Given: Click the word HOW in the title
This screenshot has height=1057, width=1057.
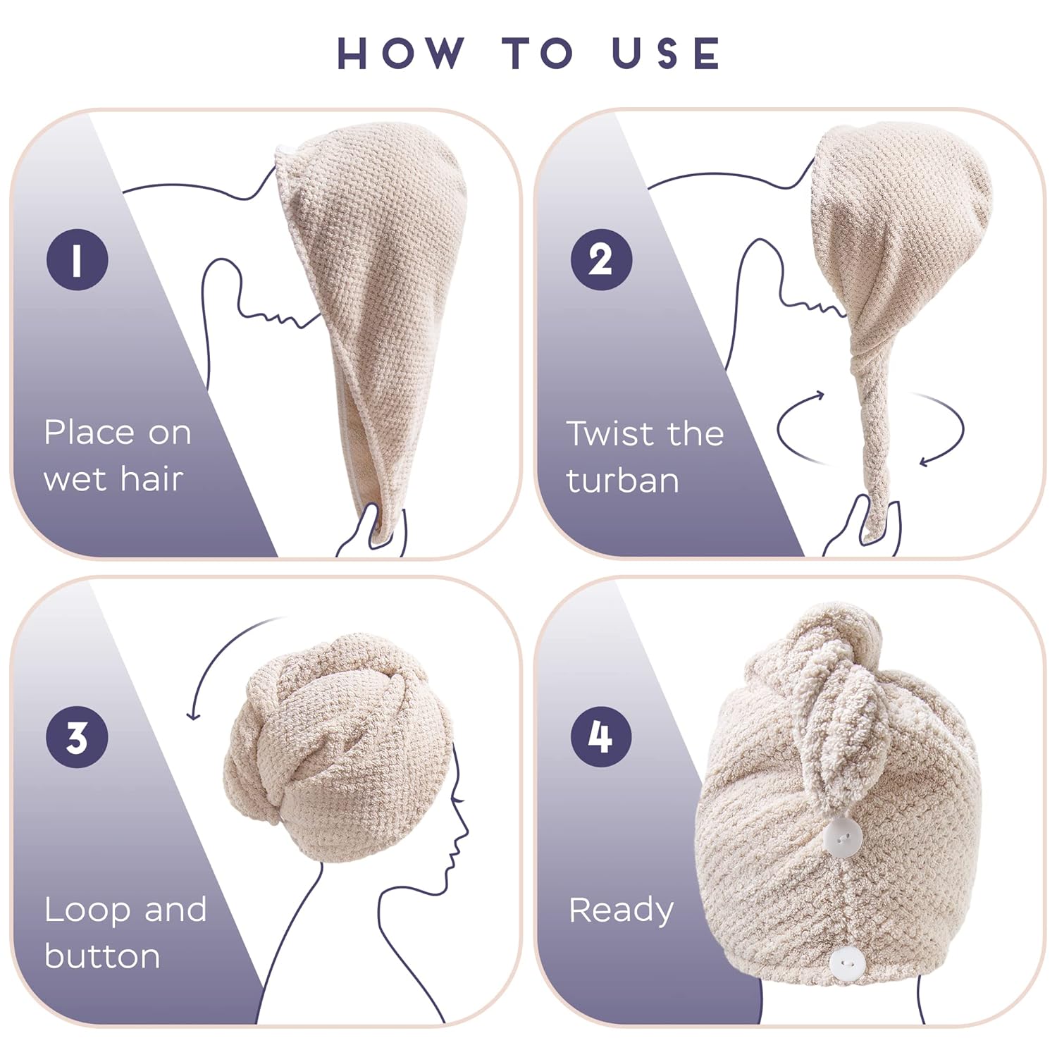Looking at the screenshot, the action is tap(400, 53).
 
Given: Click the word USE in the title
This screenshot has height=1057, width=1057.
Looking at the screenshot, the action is tap(666, 53).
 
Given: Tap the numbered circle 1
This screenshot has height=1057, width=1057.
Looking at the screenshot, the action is tap(78, 259).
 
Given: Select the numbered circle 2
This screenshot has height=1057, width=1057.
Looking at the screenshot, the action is tap(601, 259).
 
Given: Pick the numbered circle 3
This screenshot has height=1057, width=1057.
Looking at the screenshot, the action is tap(78, 736).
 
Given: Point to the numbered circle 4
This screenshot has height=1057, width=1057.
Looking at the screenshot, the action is tap(601, 736).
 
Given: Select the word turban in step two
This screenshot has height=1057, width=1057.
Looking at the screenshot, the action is tap(623, 481).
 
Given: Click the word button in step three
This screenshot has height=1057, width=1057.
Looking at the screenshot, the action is tap(103, 956).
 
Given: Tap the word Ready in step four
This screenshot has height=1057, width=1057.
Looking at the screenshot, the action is tap(621, 910).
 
